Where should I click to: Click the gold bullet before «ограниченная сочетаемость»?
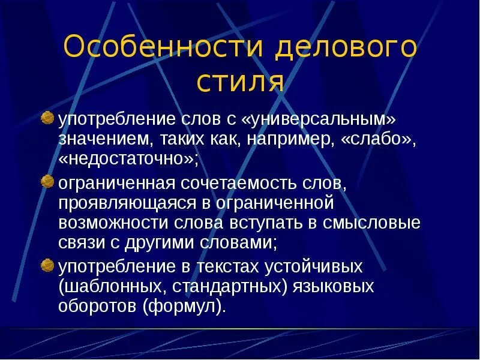pos(47,181)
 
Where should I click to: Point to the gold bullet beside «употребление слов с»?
pos(47,118)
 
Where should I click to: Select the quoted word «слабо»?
pos(377,139)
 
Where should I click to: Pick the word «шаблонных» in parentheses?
pos(108,287)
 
